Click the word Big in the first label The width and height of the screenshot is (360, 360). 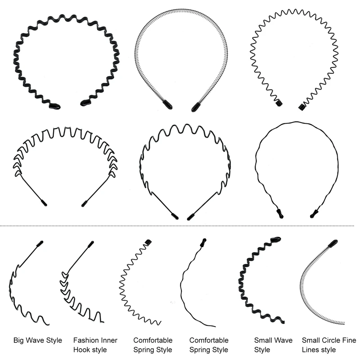[19, 340]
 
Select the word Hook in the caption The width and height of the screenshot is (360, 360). [81, 350]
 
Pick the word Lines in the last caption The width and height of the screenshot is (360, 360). [310, 350]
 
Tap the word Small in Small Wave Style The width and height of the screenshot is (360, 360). [263, 340]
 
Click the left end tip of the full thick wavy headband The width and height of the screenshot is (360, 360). [55, 106]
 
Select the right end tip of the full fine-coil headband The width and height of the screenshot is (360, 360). [196, 108]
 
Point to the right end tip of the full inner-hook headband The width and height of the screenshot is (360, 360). [84, 204]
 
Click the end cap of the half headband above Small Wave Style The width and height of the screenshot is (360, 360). [275, 239]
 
